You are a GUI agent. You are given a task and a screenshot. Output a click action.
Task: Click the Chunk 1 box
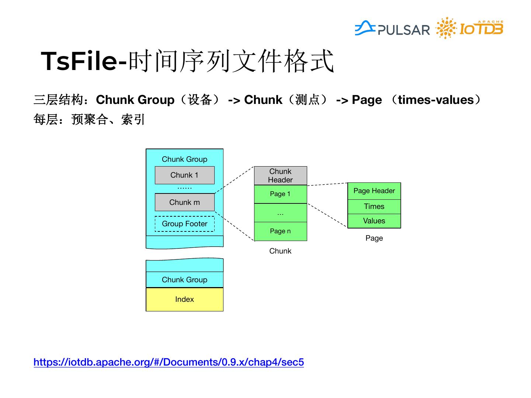tap(184, 175)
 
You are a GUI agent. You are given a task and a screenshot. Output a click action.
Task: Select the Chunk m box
tap(184, 202)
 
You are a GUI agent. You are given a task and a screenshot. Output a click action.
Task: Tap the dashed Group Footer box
tap(184, 224)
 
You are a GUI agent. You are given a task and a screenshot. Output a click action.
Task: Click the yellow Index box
tap(184, 299)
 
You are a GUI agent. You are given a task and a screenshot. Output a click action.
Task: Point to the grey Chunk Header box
tap(280, 175)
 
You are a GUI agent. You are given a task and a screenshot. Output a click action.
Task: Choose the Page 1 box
tap(280, 194)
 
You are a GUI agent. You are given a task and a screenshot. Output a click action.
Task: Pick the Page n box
tap(280, 231)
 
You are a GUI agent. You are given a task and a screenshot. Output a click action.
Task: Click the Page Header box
tap(374, 191)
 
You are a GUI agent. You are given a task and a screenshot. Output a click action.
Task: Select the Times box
tap(374, 206)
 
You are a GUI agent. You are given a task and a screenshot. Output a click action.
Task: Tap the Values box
tap(374, 221)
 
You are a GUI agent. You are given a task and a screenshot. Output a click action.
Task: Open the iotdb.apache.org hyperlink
tap(169, 362)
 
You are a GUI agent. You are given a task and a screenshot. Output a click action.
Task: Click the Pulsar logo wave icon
tap(365, 28)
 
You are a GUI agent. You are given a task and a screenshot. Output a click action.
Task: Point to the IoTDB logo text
tap(481, 29)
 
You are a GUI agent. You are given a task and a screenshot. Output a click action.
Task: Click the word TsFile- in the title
tap(84, 61)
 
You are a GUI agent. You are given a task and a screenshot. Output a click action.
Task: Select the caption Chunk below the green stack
tap(280, 251)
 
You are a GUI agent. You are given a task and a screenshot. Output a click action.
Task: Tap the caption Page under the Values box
tap(374, 238)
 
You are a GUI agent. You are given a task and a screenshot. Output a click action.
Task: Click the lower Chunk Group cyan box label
tap(184, 280)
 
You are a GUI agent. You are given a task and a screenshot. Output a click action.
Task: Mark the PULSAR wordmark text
tap(404, 30)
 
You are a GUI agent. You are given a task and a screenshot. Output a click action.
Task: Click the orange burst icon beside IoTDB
tap(446, 28)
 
